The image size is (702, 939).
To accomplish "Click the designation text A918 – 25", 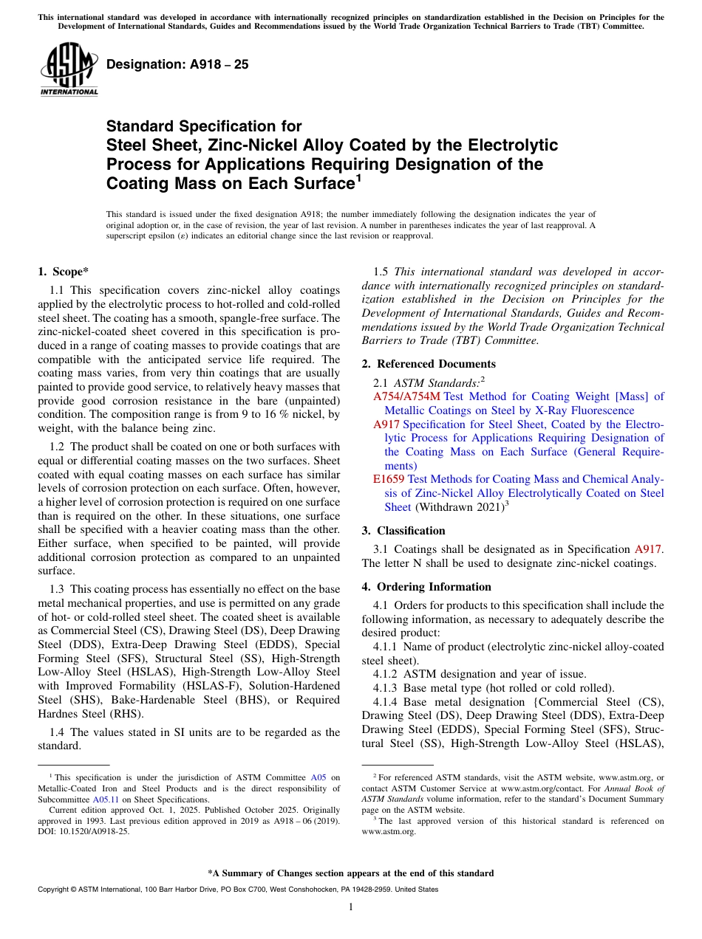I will pyautogui.click(x=177, y=65).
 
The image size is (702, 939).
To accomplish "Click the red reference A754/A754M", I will pyautogui.click(x=406, y=396).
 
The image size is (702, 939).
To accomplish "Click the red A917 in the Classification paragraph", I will pyautogui.click(x=648, y=549).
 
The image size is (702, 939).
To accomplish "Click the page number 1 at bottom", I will pyautogui.click(x=351, y=907).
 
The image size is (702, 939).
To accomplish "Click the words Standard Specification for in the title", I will pyautogui.click(x=204, y=127).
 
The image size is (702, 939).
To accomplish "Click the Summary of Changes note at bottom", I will pyautogui.click(x=351, y=873).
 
